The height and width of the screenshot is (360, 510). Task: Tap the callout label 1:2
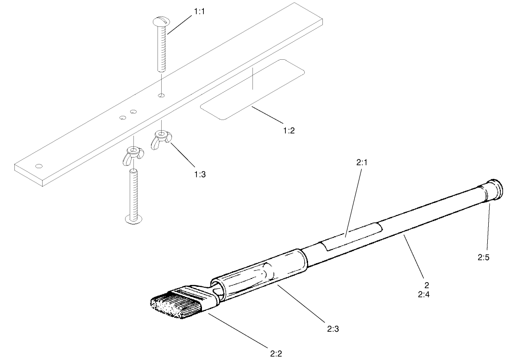coord(289,131)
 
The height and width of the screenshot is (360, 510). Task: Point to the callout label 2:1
coord(362,163)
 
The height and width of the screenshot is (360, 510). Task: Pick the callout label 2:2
coord(276,354)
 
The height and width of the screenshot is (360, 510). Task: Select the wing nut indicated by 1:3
coord(161,137)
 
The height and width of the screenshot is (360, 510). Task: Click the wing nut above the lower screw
coord(133,154)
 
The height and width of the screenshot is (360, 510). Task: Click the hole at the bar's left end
coord(39,166)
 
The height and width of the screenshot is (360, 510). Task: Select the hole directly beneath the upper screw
coord(161,95)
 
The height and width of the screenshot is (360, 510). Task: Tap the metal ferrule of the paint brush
coord(197,297)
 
